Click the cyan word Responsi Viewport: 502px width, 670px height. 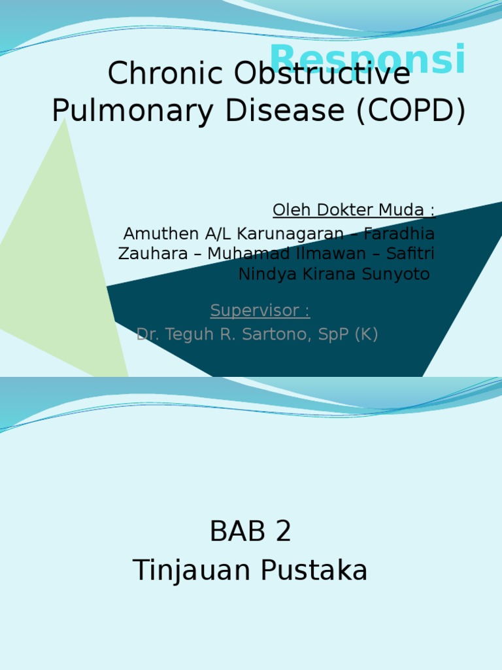(367, 59)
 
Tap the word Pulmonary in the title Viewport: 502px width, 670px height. (134, 111)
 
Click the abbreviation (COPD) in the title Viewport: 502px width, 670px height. (411, 111)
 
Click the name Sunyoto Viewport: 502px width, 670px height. (401, 274)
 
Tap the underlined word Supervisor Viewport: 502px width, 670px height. (256, 309)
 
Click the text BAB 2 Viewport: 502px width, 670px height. (250, 532)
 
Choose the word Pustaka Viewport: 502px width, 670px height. (314, 571)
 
